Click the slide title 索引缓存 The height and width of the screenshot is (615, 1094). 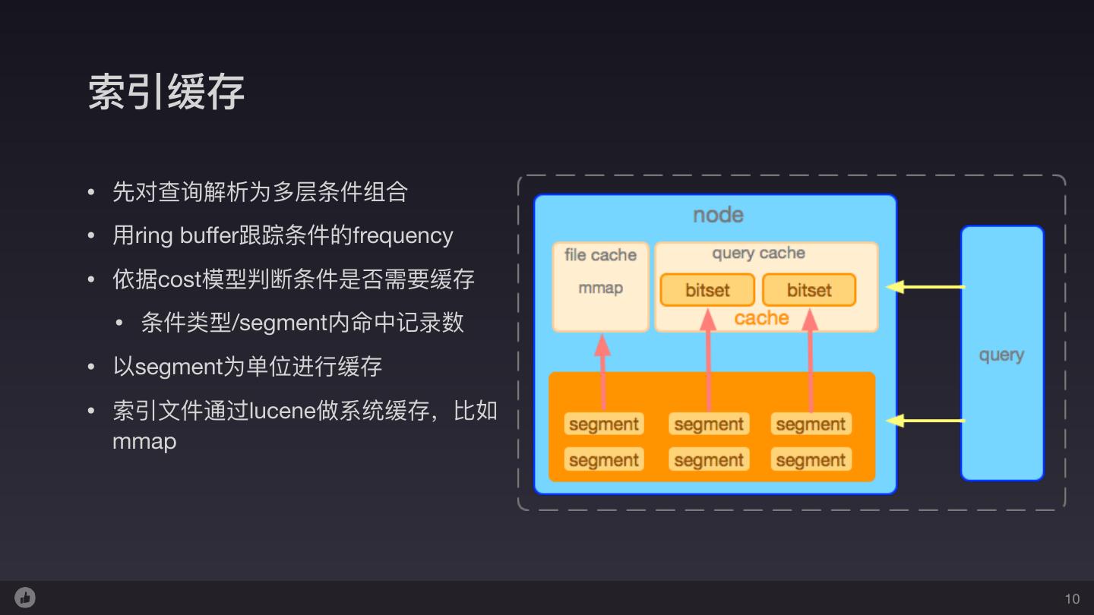166,93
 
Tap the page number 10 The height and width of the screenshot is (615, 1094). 1072,598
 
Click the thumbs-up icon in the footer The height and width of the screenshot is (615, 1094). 25,598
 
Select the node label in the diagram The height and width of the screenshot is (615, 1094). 718,215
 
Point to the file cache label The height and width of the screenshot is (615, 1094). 600,255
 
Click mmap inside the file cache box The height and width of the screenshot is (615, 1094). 600,289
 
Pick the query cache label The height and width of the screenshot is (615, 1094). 758,254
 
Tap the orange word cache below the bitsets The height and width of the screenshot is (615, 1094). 761,318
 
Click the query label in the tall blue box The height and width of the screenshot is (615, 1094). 1001,355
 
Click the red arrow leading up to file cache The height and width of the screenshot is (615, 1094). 602,372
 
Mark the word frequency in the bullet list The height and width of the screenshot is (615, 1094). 403,235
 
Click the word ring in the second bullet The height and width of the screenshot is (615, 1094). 153,236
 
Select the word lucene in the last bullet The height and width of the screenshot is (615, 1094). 283,411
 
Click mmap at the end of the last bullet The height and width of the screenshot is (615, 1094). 144,441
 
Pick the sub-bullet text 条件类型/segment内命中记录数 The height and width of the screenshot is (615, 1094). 302,323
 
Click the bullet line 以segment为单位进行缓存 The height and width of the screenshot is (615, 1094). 247,367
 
